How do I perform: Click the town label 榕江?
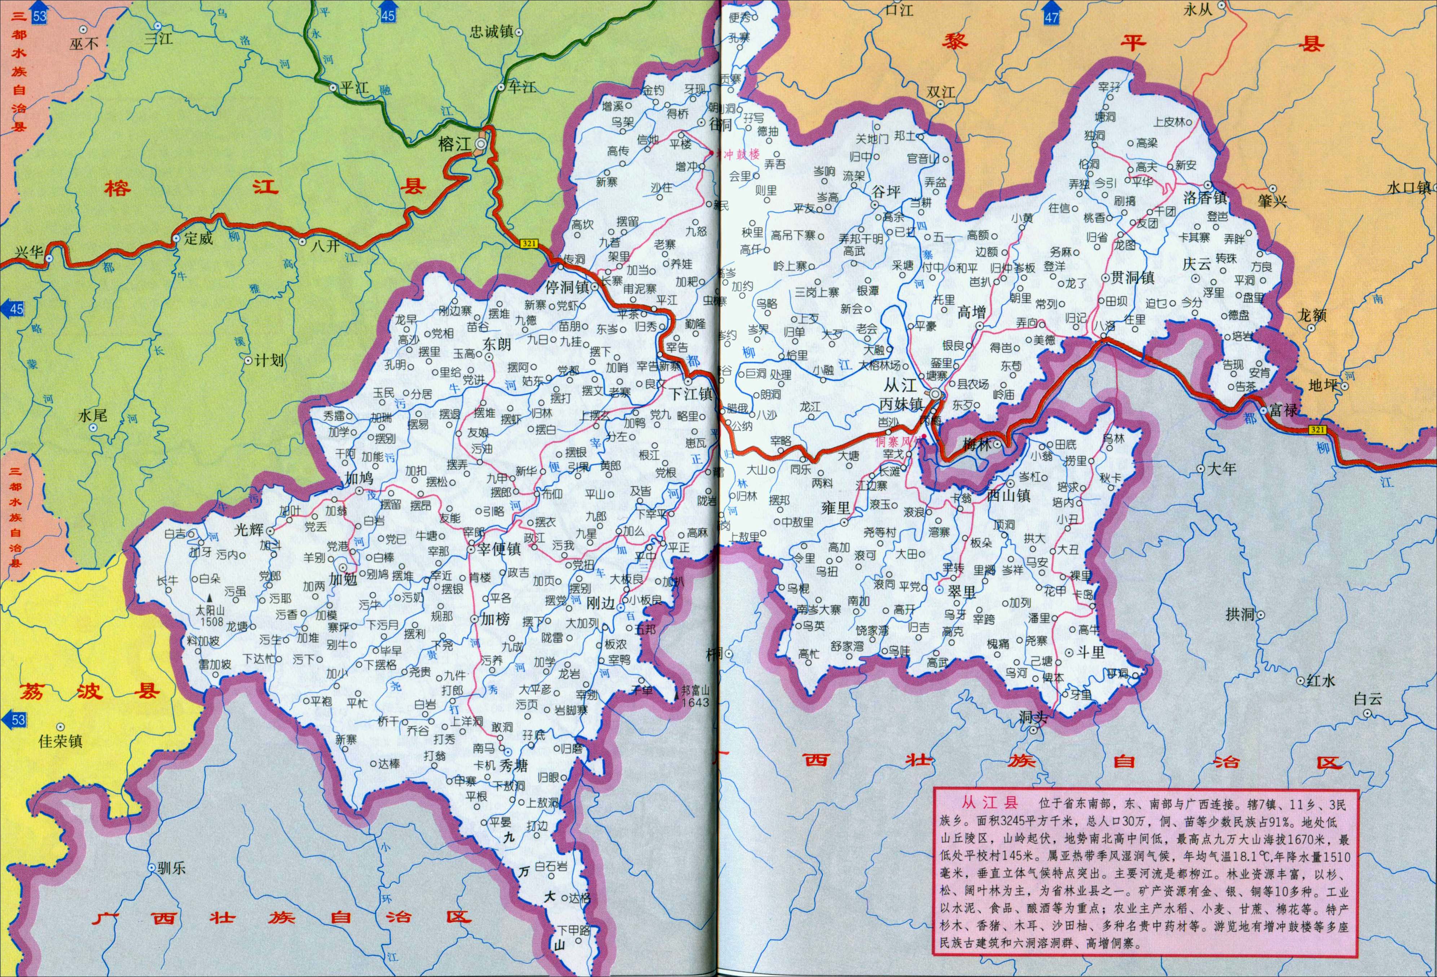(454, 144)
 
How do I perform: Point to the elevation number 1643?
(695, 702)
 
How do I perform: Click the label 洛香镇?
(1204, 198)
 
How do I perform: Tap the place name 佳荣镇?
(61, 741)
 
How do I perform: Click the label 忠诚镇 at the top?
(492, 31)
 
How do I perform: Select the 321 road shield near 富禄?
(1317, 428)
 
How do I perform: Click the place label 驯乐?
(171, 868)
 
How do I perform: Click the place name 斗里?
(1091, 652)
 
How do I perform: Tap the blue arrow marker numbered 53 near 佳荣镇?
(17, 719)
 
